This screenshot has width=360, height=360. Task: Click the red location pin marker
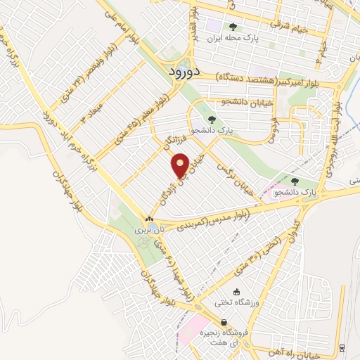pos(181,165)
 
